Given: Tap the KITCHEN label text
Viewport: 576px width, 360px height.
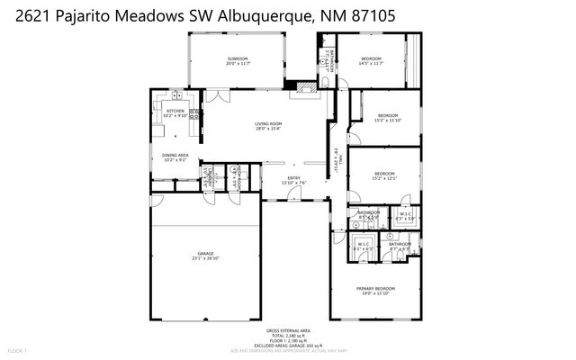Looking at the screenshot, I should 175,112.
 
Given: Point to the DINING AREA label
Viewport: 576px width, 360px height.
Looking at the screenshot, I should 175,156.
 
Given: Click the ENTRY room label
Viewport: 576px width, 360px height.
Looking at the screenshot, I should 293,178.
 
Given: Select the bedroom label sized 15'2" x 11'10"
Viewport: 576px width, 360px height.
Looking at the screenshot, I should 387,115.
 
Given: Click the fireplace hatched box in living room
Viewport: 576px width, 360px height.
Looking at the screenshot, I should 309,87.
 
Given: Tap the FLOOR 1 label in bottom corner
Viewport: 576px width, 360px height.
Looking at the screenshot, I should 18,349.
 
